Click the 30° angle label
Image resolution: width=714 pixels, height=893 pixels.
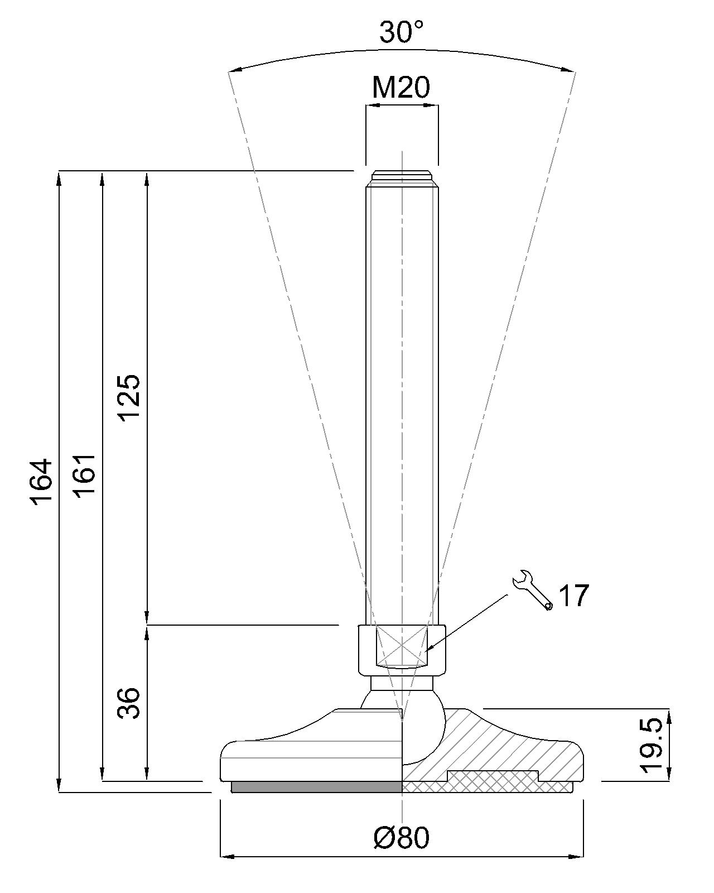[401, 32]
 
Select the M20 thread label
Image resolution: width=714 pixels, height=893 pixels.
[401, 88]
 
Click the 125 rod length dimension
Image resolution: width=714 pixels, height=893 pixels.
[131, 398]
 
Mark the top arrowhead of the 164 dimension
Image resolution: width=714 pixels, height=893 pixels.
[59, 179]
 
